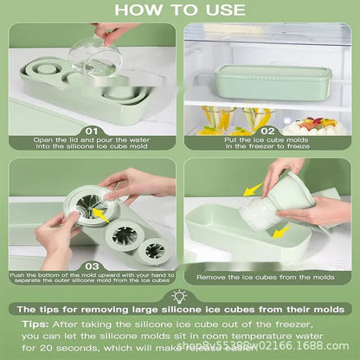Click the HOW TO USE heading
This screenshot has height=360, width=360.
(180, 10)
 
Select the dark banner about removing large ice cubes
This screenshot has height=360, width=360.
(180, 309)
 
